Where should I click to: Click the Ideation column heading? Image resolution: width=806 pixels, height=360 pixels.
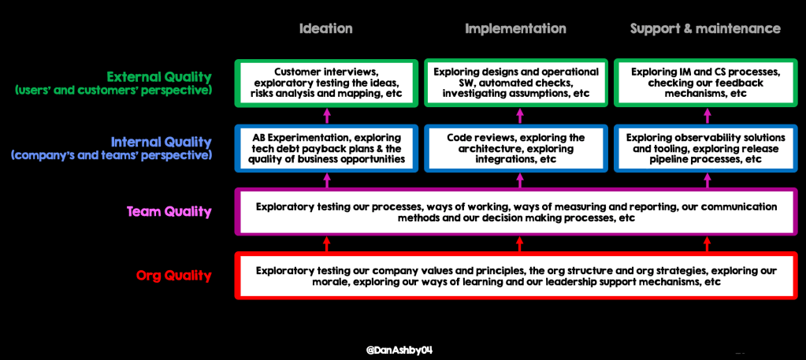pyautogui.click(x=325, y=28)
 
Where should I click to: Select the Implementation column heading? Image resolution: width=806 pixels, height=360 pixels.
pyautogui.click(x=515, y=28)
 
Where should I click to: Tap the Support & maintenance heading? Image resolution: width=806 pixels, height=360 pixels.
pyautogui.click(x=705, y=28)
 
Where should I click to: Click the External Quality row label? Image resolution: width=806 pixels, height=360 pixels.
pyautogui.click(x=159, y=77)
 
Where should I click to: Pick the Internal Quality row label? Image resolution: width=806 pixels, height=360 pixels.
pyautogui.click(x=161, y=143)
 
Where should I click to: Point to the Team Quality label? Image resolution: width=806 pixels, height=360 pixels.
pyautogui.click(x=169, y=211)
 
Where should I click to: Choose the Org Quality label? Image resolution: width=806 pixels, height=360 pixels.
pyautogui.click(x=173, y=276)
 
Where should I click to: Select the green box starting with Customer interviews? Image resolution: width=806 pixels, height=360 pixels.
pyautogui.click(x=326, y=83)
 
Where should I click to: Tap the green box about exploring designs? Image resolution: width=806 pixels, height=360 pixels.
pyautogui.click(x=516, y=83)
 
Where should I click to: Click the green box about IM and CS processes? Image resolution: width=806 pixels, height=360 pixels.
pyautogui.click(x=705, y=83)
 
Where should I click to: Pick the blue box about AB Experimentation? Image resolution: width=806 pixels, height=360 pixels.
pyautogui.click(x=326, y=148)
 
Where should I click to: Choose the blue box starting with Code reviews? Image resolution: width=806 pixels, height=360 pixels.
pyautogui.click(x=516, y=148)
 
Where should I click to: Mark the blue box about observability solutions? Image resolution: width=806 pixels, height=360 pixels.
pyautogui.click(x=705, y=148)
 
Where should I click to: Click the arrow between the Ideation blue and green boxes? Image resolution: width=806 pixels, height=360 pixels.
pyautogui.click(x=326, y=114)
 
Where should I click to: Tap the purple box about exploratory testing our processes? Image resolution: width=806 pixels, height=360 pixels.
pyautogui.click(x=516, y=212)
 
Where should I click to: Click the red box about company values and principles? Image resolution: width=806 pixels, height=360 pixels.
pyautogui.click(x=516, y=276)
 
